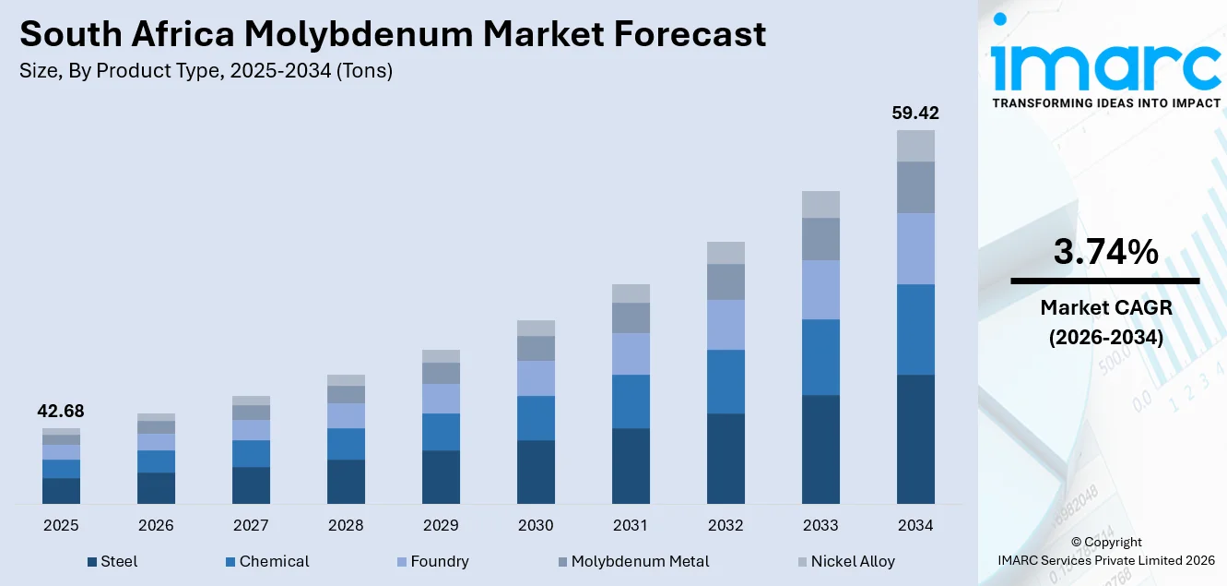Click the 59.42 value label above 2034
pos(915,114)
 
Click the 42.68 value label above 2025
pos(61,412)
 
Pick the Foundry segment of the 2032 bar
pos(726,325)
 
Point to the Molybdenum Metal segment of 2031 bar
pos(631,318)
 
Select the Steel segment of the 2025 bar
pos(61,490)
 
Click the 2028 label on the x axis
pos(346,525)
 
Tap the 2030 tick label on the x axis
pos(536,525)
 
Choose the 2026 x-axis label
pos(156,525)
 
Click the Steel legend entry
pos(118,561)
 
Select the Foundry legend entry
pos(438,561)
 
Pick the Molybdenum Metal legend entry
pos(639,561)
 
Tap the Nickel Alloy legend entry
pos(852,561)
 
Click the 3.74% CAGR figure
pos(1105,252)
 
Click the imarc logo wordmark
pos(1105,65)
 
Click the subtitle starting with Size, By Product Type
pos(206,71)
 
